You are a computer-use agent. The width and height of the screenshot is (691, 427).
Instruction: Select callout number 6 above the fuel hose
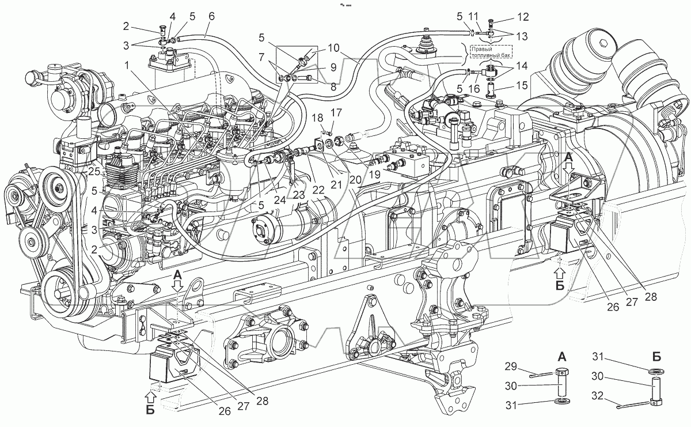(x=211, y=16)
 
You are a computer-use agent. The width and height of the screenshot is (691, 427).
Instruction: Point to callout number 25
(x=94, y=172)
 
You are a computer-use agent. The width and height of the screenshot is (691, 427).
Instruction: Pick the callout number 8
(x=331, y=87)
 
